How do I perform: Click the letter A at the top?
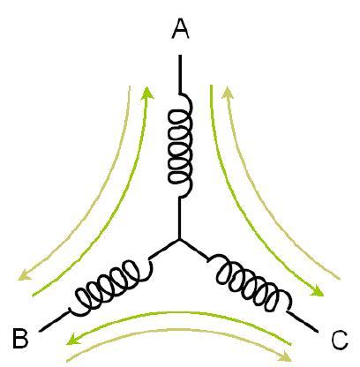(x=180, y=30)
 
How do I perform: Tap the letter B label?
(x=20, y=339)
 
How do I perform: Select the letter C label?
(x=340, y=341)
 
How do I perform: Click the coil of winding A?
(x=180, y=146)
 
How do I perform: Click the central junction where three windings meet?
(x=179, y=240)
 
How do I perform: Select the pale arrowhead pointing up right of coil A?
(x=228, y=92)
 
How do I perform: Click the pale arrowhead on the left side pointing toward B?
(x=24, y=276)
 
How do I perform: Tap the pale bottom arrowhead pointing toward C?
(x=285, y=356)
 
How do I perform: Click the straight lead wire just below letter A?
(x=180, y=74)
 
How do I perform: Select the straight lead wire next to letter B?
(x=55, y=321)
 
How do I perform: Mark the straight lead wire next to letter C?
(x=303, y=322)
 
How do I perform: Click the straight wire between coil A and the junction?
(x=179, y=218)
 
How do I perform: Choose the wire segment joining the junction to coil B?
(x=164, y=249)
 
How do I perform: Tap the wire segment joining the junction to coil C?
(x=194, y=249)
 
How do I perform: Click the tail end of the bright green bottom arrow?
(x=290, y=343)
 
